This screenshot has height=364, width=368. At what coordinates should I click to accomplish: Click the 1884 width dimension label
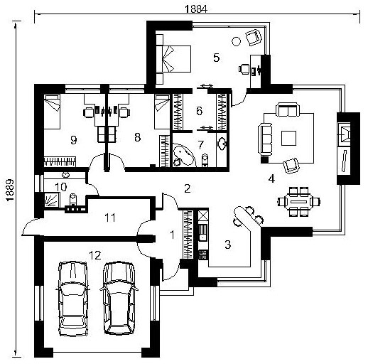click(x=196, y=9)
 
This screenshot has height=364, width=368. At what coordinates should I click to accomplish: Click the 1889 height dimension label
click(x=10, y=190)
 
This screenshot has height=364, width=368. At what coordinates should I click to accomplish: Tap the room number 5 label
click(x=216, y=58)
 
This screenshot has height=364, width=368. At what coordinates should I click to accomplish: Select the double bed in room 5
click(x=173, y=59)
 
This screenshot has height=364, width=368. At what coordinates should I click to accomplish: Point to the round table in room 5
click(x=236, y=41)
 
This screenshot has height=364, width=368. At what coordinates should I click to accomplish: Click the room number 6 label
click(x=200, y=111)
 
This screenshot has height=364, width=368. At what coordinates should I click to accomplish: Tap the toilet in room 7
click(x=205, y=160)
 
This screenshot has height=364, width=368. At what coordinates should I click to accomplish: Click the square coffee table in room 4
click(x=288, y=138)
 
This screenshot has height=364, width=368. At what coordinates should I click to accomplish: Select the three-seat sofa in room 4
click(x=265, y=139)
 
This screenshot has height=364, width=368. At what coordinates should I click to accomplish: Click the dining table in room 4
click(x=298, y=202)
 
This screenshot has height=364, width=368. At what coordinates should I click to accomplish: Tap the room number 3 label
click(x=227, y=245)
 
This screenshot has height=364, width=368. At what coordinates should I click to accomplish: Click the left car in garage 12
click(x=73, y=299)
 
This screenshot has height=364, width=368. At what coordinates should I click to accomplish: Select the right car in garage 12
click(x=119, y=298)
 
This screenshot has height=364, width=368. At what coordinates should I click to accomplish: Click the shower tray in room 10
click(x=52, y=200)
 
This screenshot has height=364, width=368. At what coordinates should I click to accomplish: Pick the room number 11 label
click(x=110, y=218)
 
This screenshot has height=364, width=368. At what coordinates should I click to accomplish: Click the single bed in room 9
click(x=52, y=112)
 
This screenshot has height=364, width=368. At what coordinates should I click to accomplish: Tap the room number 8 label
click(x=137, y=137)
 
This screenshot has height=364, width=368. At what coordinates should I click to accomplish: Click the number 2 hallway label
click(x=188, y=188)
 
